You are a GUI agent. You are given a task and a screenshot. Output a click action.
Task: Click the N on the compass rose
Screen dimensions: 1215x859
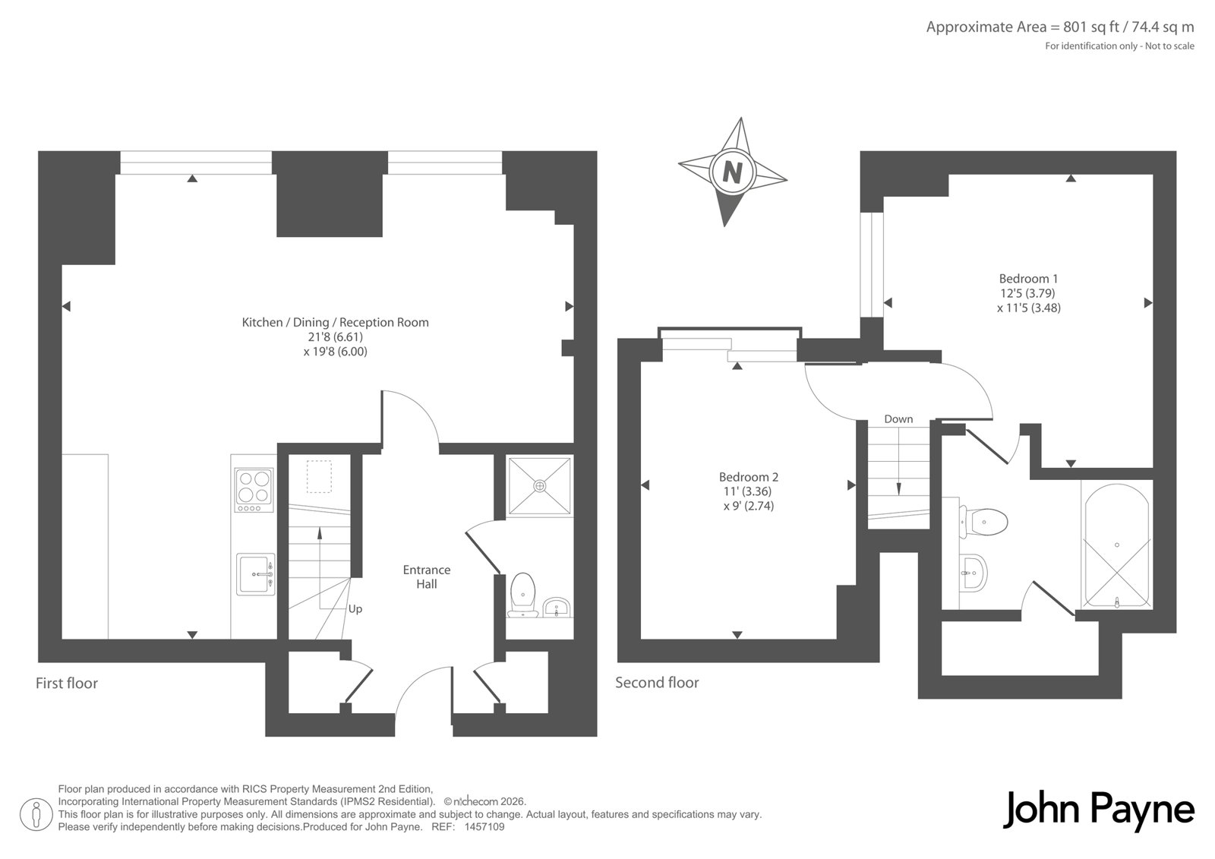[732, 173]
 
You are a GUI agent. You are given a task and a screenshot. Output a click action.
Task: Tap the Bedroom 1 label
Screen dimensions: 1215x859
[1028, 279]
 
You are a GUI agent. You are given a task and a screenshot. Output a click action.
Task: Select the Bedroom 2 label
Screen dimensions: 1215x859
[749, 477]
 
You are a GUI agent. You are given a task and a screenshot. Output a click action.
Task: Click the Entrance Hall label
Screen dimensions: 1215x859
[426, 576]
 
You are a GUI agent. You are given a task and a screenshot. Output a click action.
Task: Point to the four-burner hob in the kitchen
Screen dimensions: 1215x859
[254, 490]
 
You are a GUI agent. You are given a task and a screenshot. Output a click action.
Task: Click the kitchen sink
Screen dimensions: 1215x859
[256, 574]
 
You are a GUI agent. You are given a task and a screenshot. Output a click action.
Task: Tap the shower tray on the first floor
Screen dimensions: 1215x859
[539, 485]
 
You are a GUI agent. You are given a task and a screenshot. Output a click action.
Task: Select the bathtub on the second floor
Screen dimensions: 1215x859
[1117, 546]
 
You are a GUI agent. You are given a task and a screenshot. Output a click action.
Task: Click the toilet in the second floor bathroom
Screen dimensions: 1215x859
[983, 522]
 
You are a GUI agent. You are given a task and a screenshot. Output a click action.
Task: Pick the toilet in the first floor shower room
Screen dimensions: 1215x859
[522, 595]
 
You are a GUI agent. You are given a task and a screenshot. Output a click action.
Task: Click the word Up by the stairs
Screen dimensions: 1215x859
[355, 609]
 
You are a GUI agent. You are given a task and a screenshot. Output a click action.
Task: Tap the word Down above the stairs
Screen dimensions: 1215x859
[898, 419]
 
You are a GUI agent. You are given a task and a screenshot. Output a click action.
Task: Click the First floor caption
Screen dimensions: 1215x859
[67, 684]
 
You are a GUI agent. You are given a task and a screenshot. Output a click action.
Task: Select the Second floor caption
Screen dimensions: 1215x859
[657, 683]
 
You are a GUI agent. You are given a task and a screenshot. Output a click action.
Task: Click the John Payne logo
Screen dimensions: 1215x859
[1098, 810]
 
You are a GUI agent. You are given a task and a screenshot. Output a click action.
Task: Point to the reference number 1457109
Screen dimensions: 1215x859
[484, 827]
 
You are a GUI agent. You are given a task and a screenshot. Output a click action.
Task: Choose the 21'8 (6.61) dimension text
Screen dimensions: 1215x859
[335, 337]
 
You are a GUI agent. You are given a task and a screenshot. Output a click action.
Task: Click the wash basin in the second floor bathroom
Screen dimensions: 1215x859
[973, 573]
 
